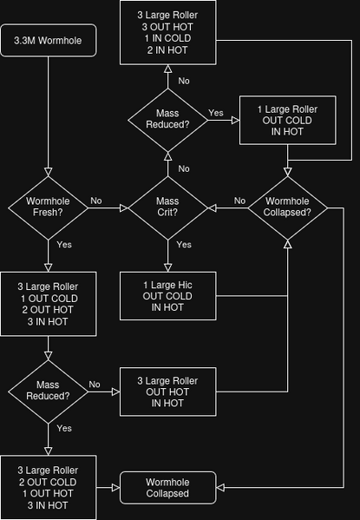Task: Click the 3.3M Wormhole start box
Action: [x=47, y=42]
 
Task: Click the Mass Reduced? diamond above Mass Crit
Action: [x=167, y=119]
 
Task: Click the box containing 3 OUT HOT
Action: [x=167, y=32]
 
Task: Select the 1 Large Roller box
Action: [x=288, y=121]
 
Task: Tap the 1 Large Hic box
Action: [x=167, y=295]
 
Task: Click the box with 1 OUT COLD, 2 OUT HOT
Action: [x=47, y=304]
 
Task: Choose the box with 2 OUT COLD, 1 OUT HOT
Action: [x=47, y=487]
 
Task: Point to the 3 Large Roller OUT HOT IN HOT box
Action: [x=167, y=392]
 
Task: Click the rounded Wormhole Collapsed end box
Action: [x=167, y=487]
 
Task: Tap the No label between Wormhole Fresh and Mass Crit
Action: [x=95, y=201]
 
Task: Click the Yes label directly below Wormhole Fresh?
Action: [x=64, y=245]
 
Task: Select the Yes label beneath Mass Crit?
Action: [x=184, y=245]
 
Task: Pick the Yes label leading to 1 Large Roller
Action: [x=215, y=113]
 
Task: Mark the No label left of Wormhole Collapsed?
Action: [x=239, y=201]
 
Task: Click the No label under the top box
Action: [x=184, y=81]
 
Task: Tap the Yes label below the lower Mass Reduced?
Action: [x=64, y=428]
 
